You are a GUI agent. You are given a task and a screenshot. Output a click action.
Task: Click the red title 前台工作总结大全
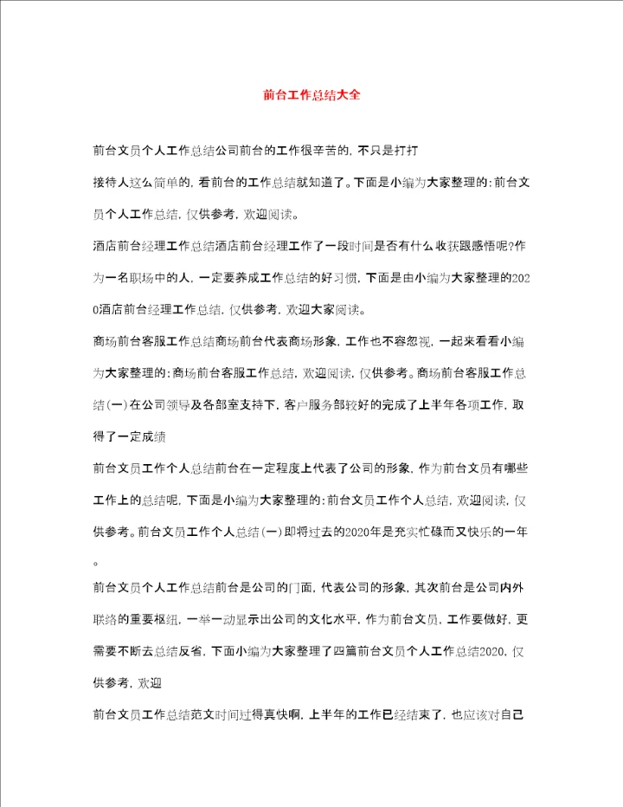(311, 95)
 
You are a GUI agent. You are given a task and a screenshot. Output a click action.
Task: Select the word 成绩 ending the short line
(164, 436)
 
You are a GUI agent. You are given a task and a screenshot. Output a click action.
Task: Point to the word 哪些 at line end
(516, 468)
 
